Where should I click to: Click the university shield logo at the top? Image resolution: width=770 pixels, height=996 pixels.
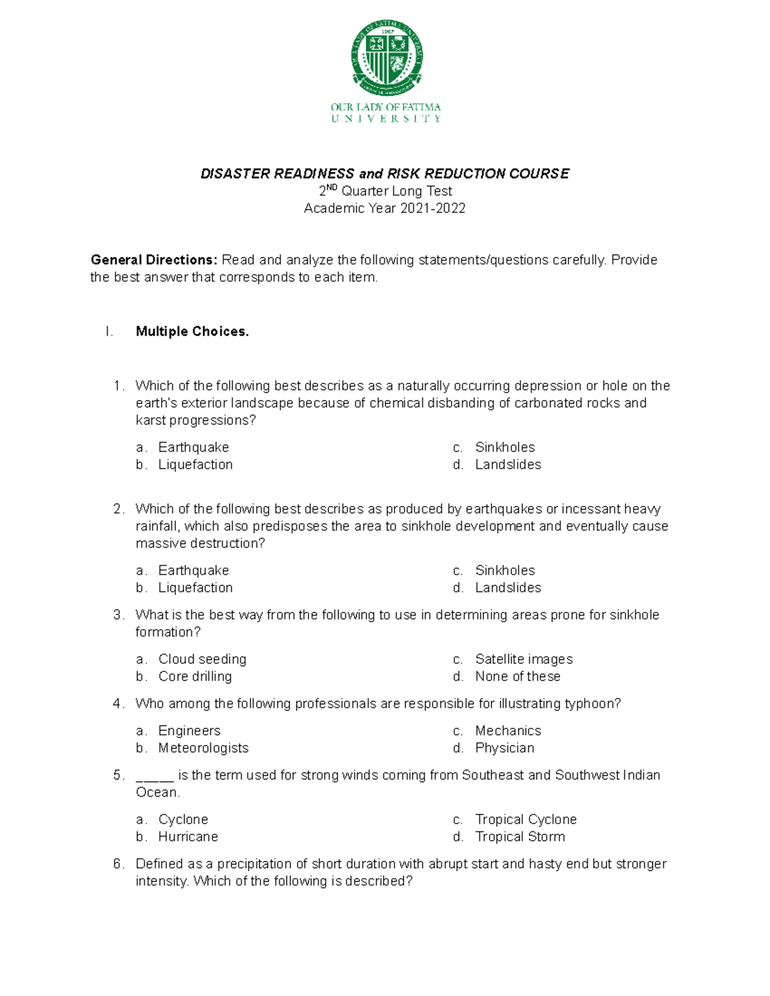click(x=386, y=57)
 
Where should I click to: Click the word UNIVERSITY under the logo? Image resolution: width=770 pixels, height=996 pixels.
click(x=386, y=119)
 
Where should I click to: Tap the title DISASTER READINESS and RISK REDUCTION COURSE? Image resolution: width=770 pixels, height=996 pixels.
click(x=385, y=174)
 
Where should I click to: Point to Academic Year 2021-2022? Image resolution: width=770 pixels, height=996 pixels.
click(x=384, y=208)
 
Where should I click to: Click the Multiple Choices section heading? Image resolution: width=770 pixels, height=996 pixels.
click(x=192, y=332)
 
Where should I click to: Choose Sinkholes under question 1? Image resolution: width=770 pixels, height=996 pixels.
click(x=504, y=448)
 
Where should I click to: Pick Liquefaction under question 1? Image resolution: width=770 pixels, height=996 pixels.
click(x=195, y=465)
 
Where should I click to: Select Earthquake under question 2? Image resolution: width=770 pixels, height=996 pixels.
click(x=193, y=571)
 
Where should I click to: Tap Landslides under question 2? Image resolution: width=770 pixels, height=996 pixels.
click(x=508, y=588)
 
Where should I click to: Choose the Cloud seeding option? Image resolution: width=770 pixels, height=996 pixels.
click(x=202, y=659)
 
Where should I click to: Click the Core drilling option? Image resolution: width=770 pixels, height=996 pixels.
click(x=195, y=677)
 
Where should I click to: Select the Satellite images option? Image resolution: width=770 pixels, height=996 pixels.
click(x=524, y=659)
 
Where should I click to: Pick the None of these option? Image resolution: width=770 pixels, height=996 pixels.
click(x=517, y=677)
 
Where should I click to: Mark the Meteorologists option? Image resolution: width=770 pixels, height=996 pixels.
click(x=203, y=748)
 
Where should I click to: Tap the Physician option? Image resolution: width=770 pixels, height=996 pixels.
click(x=504, y=748)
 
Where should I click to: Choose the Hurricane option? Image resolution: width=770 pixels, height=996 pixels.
click(x=188, y=837)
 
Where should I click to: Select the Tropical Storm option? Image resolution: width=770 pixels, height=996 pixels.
click(x=520, y=837)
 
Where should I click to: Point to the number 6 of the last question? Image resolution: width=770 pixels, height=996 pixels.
click(x=117, y=865)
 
